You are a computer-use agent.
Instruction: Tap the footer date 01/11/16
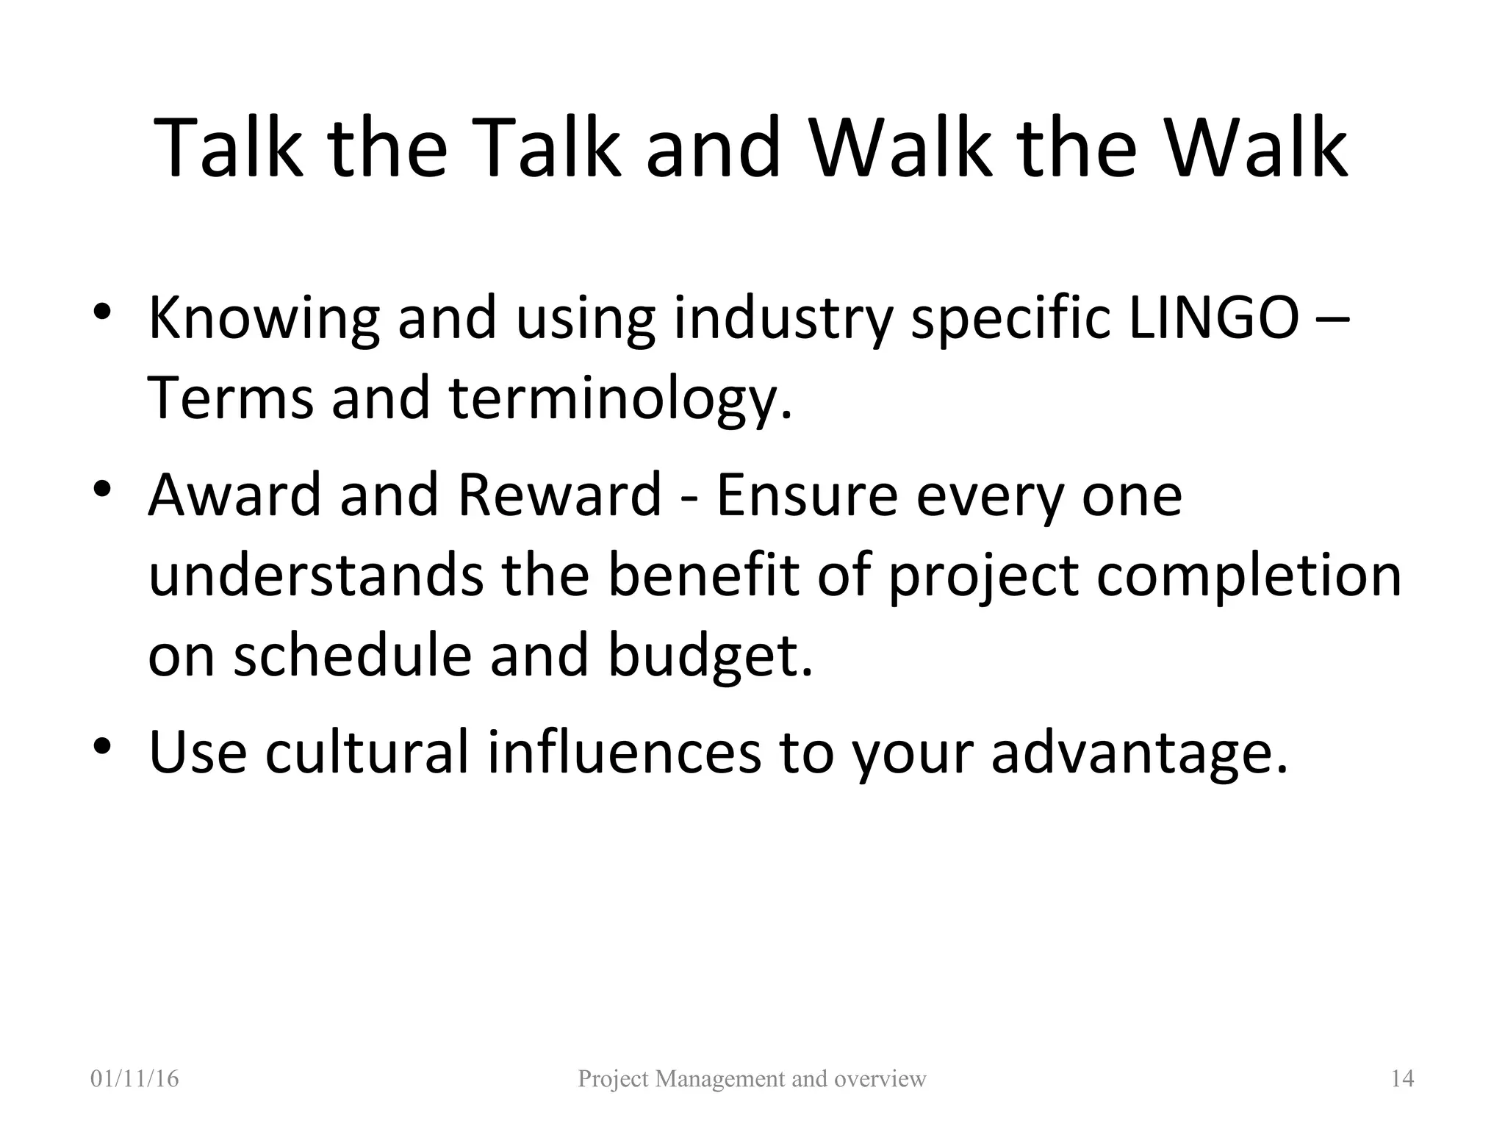[134, 1078]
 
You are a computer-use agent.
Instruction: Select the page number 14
[1402, 1078]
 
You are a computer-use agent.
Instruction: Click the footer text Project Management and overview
[752, 1078]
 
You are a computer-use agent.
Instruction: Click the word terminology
[621, 399]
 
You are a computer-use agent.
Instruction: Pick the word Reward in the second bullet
[559, 495]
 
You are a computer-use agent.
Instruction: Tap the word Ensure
[807, 495]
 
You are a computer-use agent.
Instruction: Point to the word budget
[710, 656]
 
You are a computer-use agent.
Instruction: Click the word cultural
[366, 752]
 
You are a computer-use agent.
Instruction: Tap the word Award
[235, 495]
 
